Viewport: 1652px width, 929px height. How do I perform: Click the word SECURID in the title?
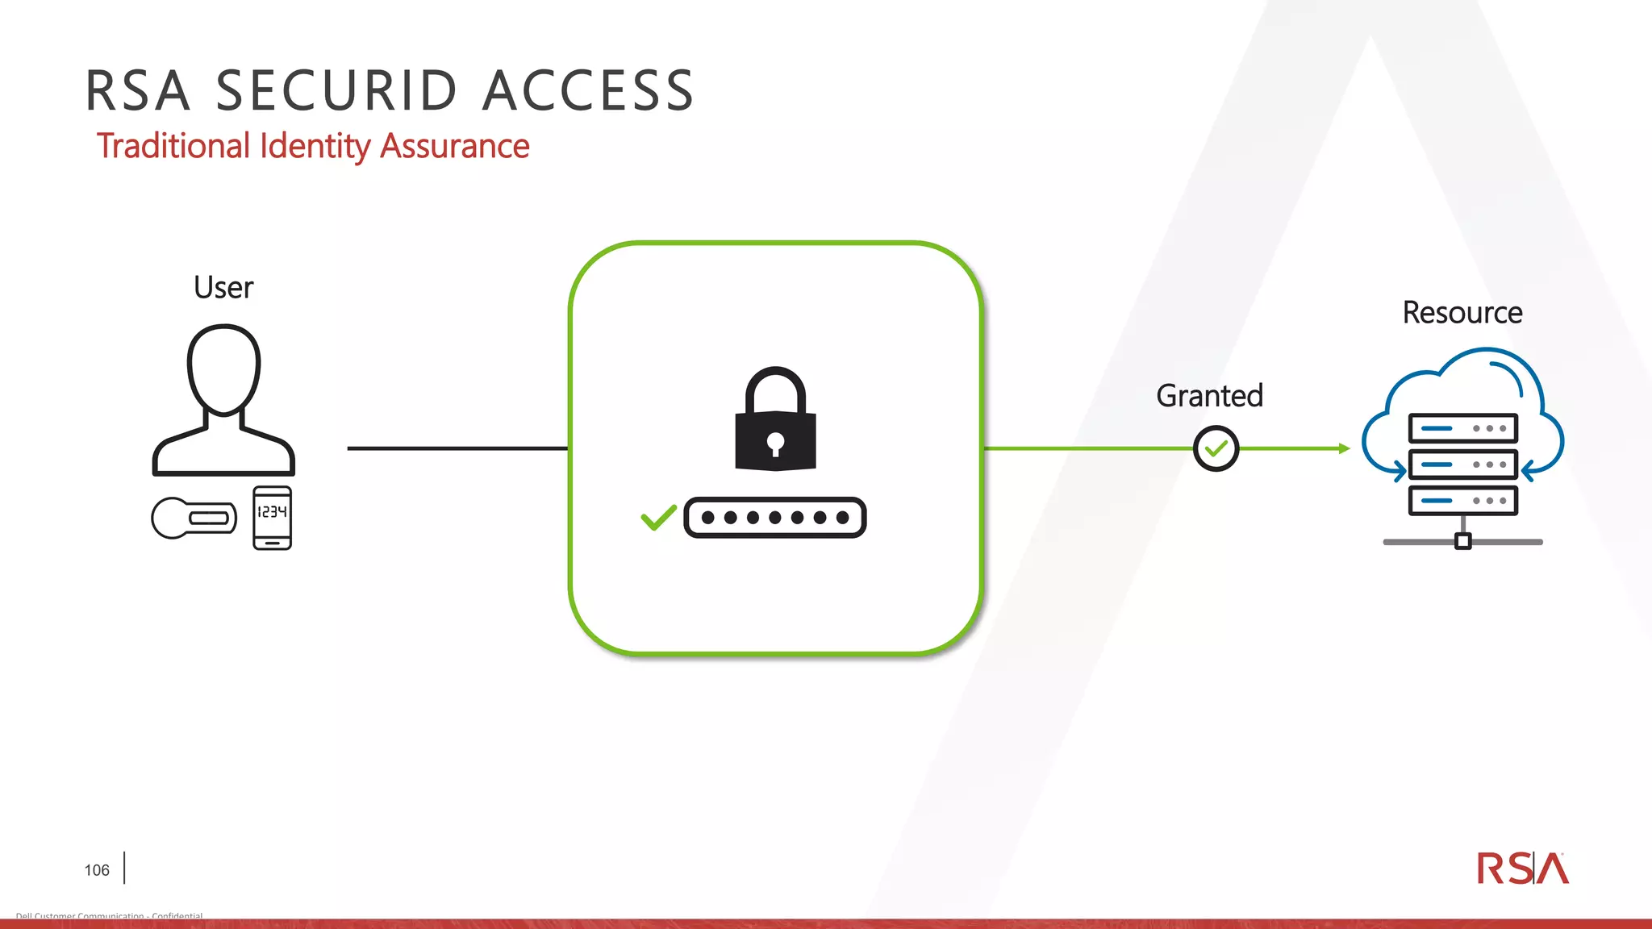click(337, 90)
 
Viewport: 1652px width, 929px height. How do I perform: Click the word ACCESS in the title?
click(588, 90)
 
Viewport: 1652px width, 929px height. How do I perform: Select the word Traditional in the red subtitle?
click(173, 146)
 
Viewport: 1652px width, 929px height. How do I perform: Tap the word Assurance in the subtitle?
click(454, 146)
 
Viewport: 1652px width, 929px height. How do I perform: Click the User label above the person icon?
click(223, 288)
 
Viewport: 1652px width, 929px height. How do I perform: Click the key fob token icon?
click(194, 518)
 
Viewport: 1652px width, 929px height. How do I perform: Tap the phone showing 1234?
click(272, 518)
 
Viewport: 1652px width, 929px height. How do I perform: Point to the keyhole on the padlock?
click(775, 443)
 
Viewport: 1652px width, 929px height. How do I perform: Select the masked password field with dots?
click(774, 518)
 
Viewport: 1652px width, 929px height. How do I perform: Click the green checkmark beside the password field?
click(658, 517)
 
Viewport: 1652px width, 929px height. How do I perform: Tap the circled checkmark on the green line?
click(1216, 448)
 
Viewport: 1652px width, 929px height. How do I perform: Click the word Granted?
click(1209, 396)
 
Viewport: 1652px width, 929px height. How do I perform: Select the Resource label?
click(1462, 313)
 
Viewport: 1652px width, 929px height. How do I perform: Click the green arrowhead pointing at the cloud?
click(1344, 448)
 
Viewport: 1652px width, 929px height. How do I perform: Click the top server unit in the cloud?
click(1462, 428)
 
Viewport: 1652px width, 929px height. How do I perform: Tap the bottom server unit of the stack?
click(1462, 501)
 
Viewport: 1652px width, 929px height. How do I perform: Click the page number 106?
click(97, 870)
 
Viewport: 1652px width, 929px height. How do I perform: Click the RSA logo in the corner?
click(1522, 869)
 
